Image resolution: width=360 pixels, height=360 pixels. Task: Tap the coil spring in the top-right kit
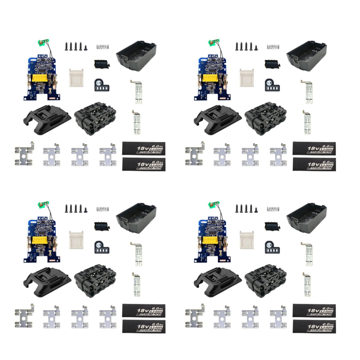coord(273,47)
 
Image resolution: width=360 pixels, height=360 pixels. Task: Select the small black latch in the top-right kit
coord(272,64)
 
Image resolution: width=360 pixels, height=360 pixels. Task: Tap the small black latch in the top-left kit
coord(102,64)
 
